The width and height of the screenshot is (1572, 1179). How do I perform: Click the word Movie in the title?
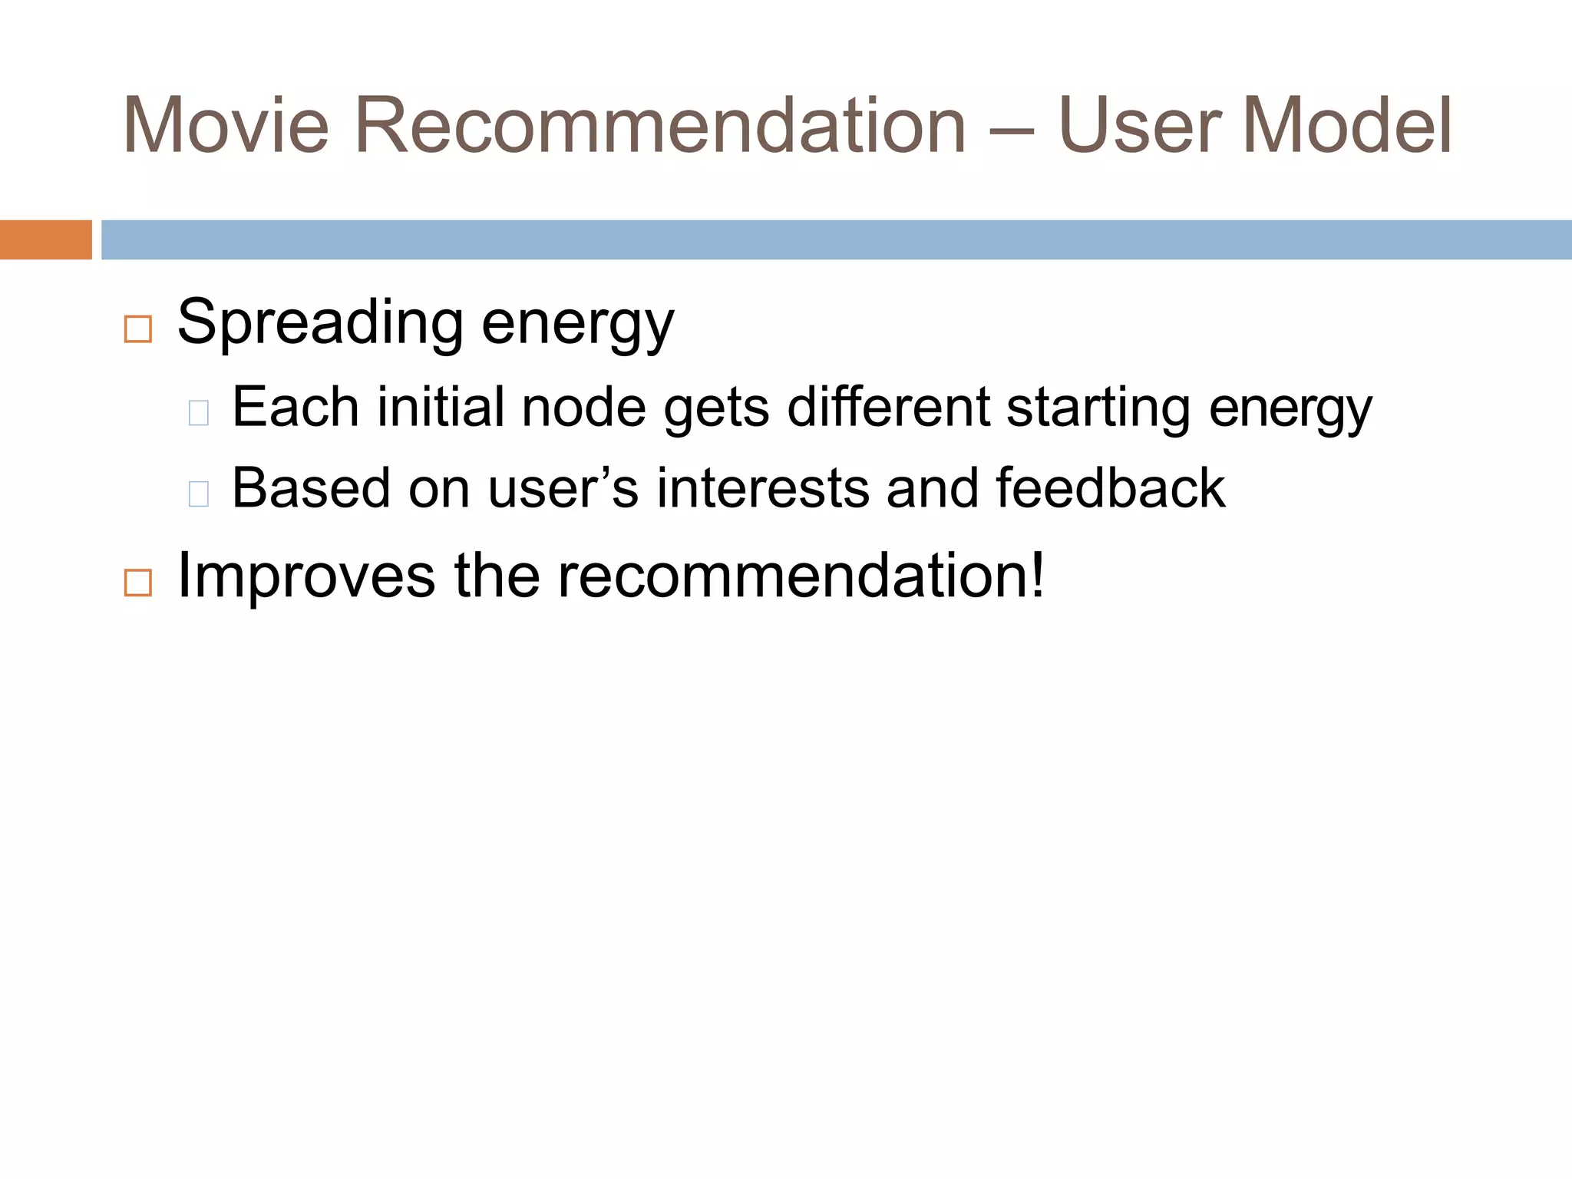coord(226,126)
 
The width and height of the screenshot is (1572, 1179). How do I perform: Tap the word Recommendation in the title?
coord(660,126)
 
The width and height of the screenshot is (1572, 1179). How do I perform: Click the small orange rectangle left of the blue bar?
coord(45,239)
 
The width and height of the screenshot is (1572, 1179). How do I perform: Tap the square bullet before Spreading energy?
coord(138,329)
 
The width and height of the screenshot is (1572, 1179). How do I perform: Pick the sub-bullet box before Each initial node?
coord(199,413)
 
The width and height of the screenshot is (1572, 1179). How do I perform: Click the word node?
coord(583,408)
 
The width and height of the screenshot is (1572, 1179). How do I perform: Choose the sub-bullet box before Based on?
coord(199,494)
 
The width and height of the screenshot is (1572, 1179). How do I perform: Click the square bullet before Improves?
coord(138,583)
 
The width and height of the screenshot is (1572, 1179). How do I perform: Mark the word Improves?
coord(306,576)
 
